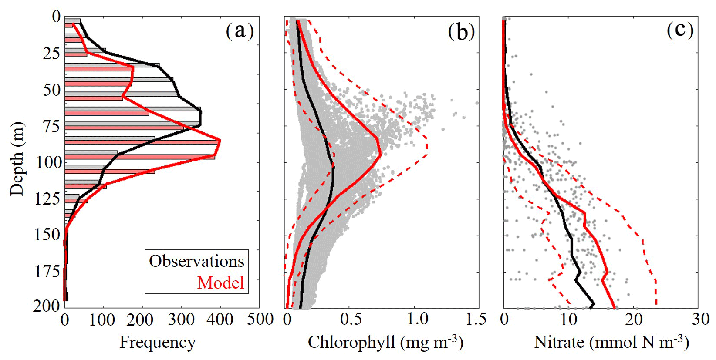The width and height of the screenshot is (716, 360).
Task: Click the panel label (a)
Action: [239, 31]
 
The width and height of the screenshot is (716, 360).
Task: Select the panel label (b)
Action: [461, 32]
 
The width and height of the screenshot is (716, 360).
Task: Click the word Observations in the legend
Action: [196, 261]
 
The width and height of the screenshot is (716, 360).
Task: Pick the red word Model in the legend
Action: [220, 283]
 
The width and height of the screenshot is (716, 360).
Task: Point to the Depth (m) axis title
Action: [17, 159]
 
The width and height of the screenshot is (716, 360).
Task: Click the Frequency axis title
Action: [158, 342]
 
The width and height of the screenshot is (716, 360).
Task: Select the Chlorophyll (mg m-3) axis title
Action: [385, 342]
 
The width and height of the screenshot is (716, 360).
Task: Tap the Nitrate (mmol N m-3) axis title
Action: [611, 342]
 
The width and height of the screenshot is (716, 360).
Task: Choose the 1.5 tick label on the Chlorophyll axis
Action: [476, 320]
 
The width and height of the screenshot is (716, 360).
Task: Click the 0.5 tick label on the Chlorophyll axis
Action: [351, 320]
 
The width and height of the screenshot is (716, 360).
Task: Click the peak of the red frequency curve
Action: [220, 140]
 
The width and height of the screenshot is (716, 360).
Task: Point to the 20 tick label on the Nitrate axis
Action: [634, 320]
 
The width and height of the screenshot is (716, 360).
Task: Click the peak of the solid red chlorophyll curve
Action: [381, 153]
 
